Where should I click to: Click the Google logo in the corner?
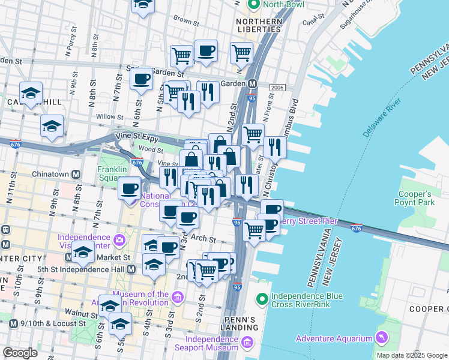pos(20,353)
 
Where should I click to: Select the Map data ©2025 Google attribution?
pos(412,355)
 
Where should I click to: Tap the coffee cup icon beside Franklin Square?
pos(129,188)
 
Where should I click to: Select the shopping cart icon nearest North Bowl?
pos(241,53)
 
